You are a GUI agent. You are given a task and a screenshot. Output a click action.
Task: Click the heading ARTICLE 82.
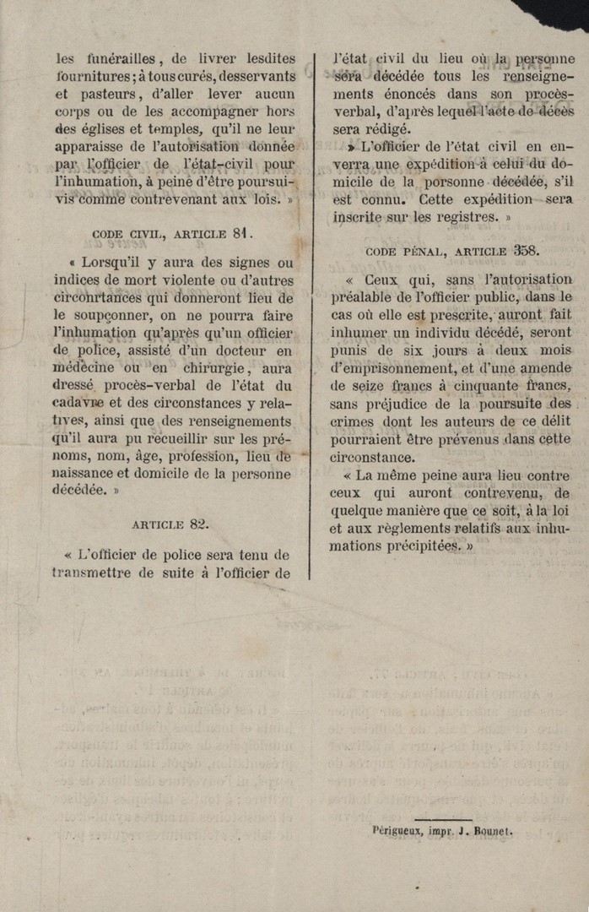(x=170, y=524)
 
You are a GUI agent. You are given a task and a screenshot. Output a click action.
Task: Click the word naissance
(x=91, y=474)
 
